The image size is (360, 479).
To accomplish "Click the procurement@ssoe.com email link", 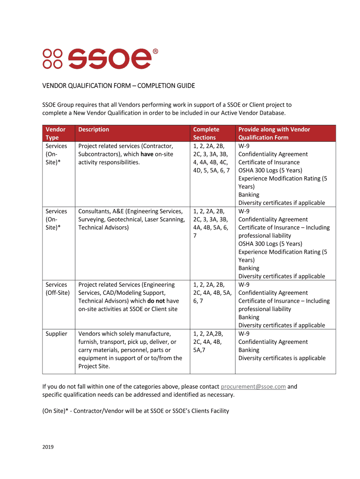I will tap(253, 387).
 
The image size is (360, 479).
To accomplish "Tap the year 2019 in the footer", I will tap(48, 447).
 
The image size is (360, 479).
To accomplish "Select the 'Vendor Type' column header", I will tap(55, 133).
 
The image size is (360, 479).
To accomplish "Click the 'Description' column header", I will tap(94, 130).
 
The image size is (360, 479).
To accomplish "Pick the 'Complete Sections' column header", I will tap(206, 133).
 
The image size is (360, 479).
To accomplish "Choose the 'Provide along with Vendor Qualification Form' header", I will tap(274, 133).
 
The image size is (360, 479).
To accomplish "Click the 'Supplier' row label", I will tap(56, 334).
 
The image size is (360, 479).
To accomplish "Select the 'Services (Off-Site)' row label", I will tap(57, 289).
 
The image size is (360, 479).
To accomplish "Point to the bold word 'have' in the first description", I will tap(147, 154).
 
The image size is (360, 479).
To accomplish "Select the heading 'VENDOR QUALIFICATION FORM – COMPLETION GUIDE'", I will tap(119, 86).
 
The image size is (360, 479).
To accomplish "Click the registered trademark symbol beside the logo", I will tap(155, 52).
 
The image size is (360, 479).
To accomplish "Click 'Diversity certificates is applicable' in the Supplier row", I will tap(282, 358).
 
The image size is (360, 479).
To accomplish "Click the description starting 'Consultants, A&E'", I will tap(131, 219).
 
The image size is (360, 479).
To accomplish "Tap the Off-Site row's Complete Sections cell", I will tap(211, 293).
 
